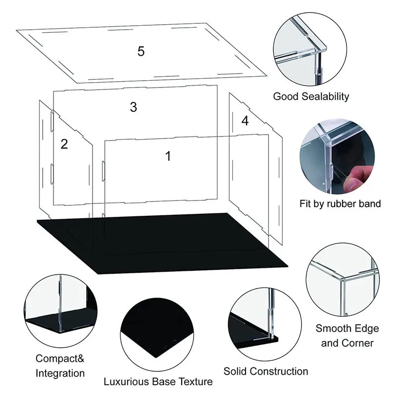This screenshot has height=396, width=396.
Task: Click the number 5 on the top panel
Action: [141, 51]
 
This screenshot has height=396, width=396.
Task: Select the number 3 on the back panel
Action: [133, 107]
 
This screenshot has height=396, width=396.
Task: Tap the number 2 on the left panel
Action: [64, 144]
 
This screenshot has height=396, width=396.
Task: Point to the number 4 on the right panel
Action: [245, 121]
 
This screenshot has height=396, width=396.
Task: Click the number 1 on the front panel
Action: [168, 156]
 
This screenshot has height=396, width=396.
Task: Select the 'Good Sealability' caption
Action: [311, 97]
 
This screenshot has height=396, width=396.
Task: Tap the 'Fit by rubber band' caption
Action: [340, 203]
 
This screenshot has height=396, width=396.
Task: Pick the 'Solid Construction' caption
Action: [266, 371]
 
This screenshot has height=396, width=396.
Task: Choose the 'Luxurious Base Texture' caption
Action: [158, 382]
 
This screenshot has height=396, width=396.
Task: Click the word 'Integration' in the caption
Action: [60, 373]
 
